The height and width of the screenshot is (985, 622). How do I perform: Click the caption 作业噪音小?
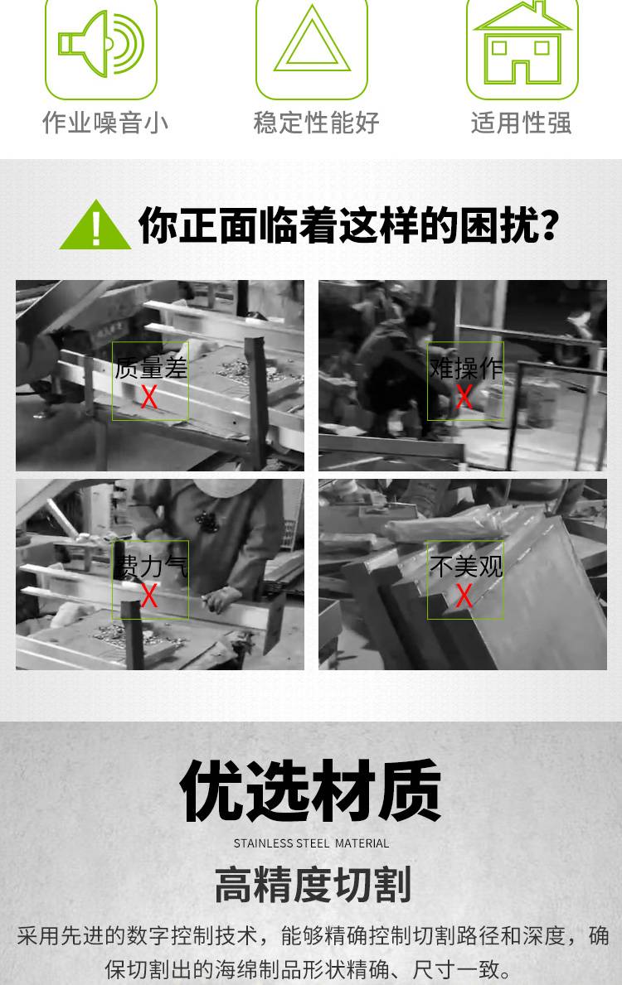point(105,123)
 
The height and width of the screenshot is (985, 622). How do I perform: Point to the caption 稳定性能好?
point(316,123)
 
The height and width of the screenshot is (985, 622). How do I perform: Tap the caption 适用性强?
point(522,123)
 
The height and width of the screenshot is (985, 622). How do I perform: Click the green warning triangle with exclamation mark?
point(95,225)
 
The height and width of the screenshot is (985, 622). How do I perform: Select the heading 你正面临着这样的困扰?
point(349,225)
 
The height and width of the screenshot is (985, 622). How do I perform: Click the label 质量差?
point(151,368)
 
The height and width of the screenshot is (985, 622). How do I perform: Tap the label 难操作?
point(466,368)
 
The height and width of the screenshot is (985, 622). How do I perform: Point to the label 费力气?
point(151,566)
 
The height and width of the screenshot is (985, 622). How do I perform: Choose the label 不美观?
point(466,566)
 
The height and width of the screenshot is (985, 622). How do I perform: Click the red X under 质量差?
point(149,397)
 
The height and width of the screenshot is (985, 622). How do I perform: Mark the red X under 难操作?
point(464,396)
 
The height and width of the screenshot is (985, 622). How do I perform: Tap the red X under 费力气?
point(149,596)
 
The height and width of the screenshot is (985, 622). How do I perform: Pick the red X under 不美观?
point(464,596)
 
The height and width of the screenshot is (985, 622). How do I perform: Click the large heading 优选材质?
point(311,790)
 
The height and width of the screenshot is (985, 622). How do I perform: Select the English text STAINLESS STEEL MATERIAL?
point(311,843)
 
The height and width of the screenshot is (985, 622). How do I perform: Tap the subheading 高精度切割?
point(313,884)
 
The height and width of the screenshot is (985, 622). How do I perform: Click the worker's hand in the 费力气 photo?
point(222,599)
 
